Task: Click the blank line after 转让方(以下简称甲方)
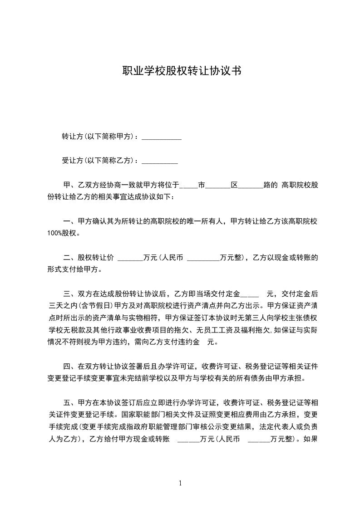coord(162,137)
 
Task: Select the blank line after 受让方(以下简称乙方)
coord(160,161)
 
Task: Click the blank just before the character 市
coord(188,185)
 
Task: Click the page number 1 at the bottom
coord(180,483)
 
